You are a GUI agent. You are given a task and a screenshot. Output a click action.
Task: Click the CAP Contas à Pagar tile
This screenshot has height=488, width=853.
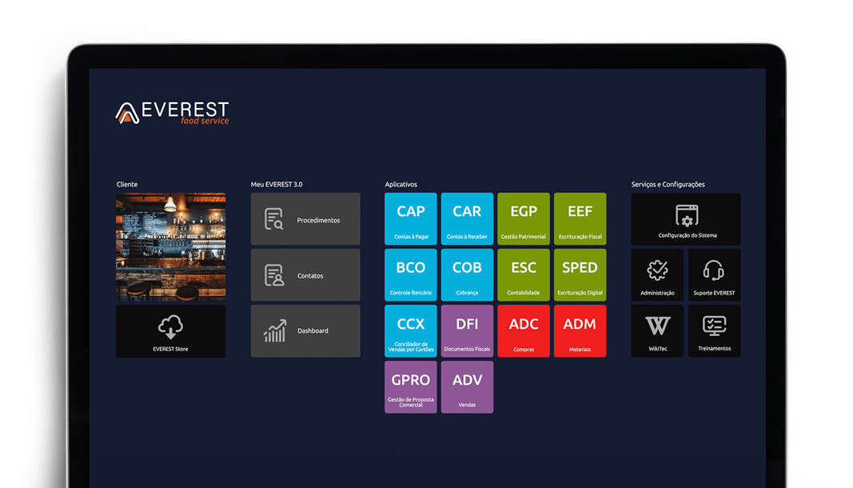411,219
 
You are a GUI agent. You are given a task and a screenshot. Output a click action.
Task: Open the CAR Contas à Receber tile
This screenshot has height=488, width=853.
468,219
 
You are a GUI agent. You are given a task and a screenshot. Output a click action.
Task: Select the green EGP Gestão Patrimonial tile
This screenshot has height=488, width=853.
524,219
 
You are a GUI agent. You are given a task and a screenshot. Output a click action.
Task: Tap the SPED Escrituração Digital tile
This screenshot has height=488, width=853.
580,275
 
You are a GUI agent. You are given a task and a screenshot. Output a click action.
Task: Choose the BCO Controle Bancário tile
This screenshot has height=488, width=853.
411,275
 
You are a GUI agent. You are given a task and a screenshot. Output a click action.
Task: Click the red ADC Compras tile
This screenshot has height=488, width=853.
524,331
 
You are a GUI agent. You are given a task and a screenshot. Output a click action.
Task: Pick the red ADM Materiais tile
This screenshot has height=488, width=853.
580,331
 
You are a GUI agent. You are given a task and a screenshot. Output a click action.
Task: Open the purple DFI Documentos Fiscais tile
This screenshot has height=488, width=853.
468,331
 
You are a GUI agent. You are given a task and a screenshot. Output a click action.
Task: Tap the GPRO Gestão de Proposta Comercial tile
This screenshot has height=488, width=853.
411,387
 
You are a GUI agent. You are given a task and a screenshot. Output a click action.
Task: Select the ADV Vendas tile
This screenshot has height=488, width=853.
468,387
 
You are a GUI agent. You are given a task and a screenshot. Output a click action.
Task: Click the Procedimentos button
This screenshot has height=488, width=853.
305,219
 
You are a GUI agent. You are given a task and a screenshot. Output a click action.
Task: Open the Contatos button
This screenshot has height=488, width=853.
305,275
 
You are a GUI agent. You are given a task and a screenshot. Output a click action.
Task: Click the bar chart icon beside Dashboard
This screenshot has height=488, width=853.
275,331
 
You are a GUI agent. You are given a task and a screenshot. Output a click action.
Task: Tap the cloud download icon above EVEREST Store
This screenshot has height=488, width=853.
171,326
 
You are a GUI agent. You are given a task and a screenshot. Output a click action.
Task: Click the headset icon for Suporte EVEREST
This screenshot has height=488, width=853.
713,270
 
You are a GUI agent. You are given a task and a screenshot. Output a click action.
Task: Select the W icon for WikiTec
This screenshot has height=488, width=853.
658,326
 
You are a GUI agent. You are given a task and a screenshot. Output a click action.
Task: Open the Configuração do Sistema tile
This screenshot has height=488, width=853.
686,219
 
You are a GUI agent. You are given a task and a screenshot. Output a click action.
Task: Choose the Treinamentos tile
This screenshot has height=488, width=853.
714,331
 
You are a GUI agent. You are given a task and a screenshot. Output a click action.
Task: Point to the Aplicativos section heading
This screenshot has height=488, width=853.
401,185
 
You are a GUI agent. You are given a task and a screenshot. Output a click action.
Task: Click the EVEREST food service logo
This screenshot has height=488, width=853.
173,113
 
